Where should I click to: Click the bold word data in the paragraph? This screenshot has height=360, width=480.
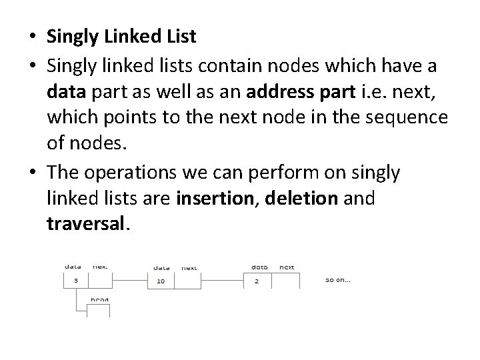(65, 89)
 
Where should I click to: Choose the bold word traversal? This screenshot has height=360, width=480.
(85, 225)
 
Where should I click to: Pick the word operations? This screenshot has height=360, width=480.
(137, 172)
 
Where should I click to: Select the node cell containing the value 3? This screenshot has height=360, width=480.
(76, 281)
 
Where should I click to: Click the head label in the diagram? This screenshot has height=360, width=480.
(100, 299)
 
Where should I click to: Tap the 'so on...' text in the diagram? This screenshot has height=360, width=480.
(338, 280)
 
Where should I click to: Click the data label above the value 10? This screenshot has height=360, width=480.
(161, 267)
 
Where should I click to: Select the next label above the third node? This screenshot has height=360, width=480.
(287, 267)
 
